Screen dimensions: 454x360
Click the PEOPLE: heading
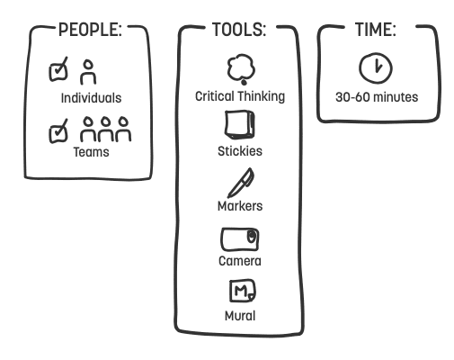coord(90,30)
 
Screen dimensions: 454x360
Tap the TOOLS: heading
coord(239,30)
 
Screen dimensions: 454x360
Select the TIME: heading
coord(376,30)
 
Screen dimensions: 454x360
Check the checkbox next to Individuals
coord(58,69)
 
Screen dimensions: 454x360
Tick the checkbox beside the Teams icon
coord(58,131)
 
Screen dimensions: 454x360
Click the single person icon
coord(88,72)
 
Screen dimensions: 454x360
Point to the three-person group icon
coord(105,129)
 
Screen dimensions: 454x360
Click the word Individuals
coord(91,98)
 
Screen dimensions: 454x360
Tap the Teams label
coord(91,152)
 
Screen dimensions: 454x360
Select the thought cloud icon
coord(241,69)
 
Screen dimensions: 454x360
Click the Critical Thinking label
coord(240,96)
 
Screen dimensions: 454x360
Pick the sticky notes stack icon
coord(240,125)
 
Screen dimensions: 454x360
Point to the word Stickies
coord(240,151)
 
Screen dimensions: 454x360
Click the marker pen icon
coord(241,183)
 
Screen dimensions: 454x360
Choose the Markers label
coord(240,206)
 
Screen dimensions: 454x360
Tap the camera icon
coord(240,239)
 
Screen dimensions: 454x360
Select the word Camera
coord(240,261)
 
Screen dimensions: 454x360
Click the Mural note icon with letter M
coord(243,291)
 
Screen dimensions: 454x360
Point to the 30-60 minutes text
coord(377,97)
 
